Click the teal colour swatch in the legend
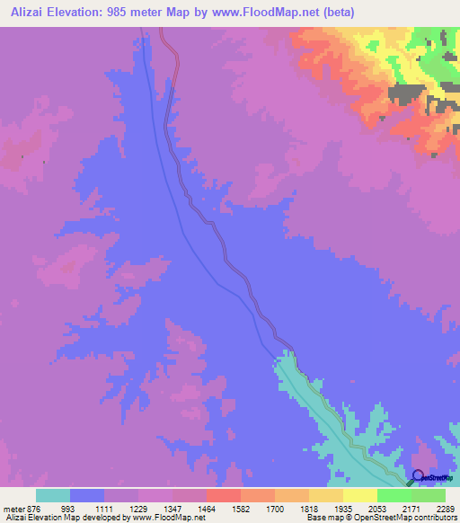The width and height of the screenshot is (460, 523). click(x=53, y=495)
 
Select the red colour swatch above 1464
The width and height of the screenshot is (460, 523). click(x=224, y=495)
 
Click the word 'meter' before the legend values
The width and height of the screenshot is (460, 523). click(x=15, y=508)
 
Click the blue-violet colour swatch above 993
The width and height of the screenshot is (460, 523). click(x=87, y=495)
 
